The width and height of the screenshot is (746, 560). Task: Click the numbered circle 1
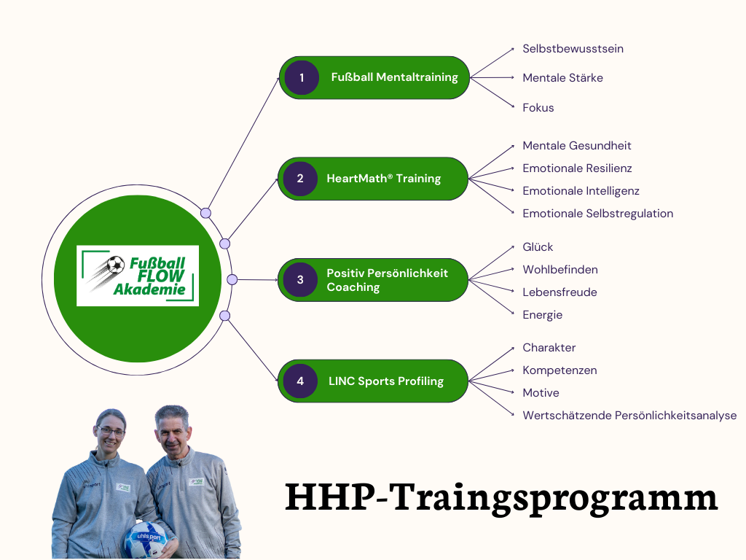(302, 77)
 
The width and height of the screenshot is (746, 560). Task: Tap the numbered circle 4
(300, 381)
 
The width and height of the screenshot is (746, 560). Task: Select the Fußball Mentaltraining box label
(394, 77)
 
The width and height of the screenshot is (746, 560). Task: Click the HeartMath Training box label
(383, 179)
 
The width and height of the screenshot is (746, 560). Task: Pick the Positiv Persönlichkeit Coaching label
(388, 280)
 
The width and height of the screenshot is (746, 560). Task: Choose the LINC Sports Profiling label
(386, 381)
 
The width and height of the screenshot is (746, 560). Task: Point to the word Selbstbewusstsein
(573, 49)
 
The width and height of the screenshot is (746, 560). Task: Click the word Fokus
(538, 108)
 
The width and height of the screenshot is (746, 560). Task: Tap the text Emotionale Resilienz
(577, 168)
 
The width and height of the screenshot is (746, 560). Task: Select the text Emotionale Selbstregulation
(597, 214)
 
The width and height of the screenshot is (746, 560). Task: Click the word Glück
(538, 247)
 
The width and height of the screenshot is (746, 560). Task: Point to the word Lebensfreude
(559, 292)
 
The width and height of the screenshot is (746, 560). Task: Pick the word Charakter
(549, 348)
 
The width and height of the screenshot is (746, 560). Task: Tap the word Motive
(541, 393)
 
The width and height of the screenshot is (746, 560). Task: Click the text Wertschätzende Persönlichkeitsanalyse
(629, 416)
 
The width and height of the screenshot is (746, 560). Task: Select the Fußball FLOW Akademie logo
(138, 276)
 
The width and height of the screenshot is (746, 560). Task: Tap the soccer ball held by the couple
(146, 540)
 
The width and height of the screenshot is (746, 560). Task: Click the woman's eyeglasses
(111, 432)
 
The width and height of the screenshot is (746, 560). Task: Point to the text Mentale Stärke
(562, 78)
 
